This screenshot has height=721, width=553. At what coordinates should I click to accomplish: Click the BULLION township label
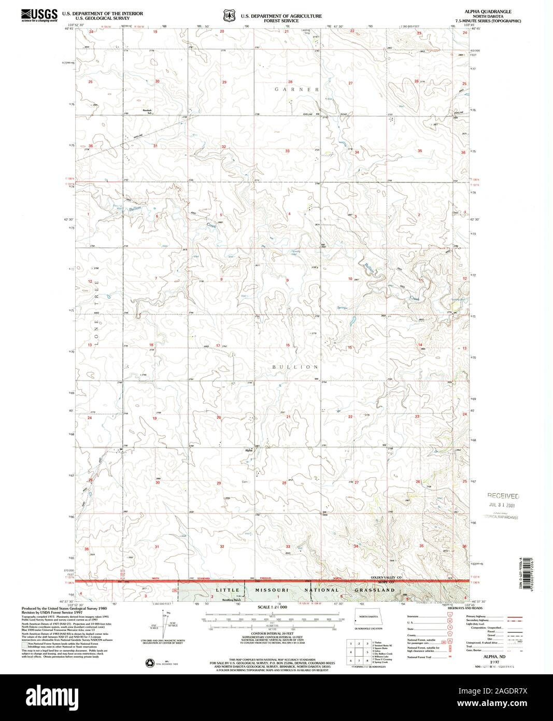click(x=295, y=367)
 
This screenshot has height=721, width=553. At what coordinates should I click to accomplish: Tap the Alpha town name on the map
click(x=249, y=450)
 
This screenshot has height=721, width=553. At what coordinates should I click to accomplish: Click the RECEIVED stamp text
click(x=502, y=496)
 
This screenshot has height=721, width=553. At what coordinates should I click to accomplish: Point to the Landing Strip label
click(x=305, y=32)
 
